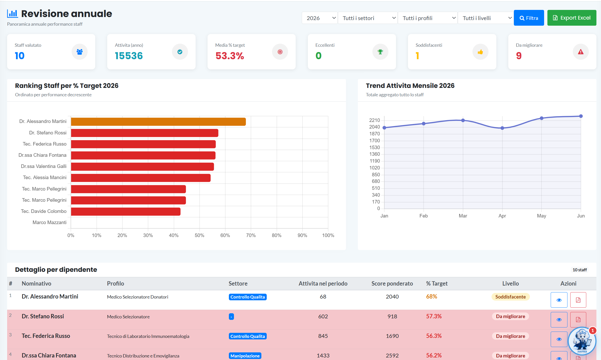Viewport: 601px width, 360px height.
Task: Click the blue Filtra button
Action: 529,18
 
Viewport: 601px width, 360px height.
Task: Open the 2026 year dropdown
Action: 320,18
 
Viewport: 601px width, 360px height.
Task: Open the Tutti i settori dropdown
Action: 368,18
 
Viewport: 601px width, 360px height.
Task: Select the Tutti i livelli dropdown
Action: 485,18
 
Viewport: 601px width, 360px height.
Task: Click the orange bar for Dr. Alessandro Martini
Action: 158,122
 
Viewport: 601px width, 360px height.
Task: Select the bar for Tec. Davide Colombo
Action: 126,212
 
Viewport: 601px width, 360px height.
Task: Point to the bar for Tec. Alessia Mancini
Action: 141,178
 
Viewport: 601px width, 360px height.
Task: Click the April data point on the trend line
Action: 502,128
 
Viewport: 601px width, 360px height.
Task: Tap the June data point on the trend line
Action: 581,116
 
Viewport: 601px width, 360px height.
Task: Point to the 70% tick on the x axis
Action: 251,236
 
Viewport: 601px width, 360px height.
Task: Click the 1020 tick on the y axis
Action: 375,168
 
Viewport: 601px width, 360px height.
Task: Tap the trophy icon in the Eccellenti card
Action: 380,52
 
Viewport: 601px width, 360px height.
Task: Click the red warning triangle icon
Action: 581,52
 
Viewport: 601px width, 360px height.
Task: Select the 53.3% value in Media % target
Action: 230,56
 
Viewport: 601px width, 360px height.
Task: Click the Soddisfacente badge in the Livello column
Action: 511,297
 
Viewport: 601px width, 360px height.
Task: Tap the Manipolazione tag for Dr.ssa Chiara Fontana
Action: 245,356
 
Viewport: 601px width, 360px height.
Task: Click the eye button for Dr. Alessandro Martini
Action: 559,300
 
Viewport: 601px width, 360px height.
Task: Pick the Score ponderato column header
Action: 392,284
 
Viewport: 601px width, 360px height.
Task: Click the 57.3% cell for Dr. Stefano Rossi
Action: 434,316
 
